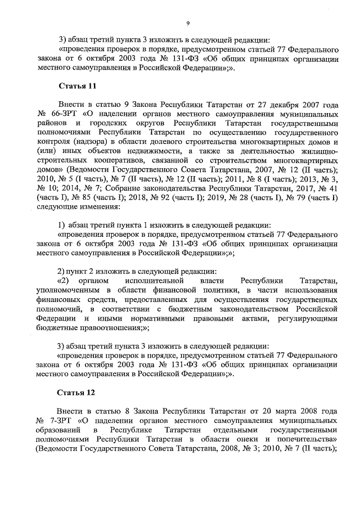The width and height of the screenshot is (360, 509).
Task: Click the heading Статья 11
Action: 77,86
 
